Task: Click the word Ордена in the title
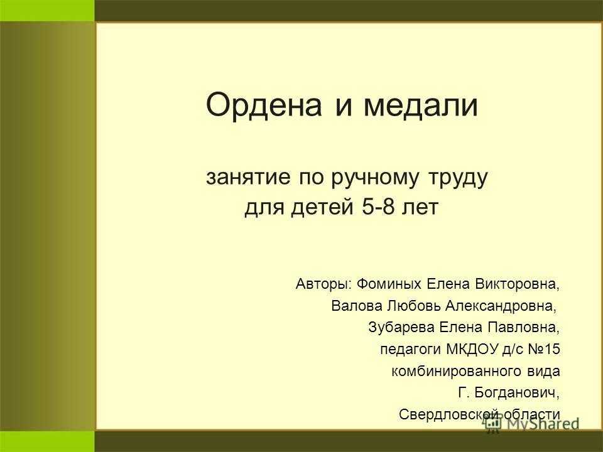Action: click(x=264, y=105)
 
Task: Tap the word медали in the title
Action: click(x=420, y=105)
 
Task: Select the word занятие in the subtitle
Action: click(x=248, y=178)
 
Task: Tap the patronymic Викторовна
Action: click(x=517, y=284)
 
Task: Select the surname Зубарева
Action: click(x=401, y=328)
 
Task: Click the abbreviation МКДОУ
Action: click(x=472, y=350)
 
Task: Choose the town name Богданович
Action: click(x=517, y=393)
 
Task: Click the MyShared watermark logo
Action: click(x=532, y=424)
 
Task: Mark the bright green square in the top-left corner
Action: click(x=47, y=11)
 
